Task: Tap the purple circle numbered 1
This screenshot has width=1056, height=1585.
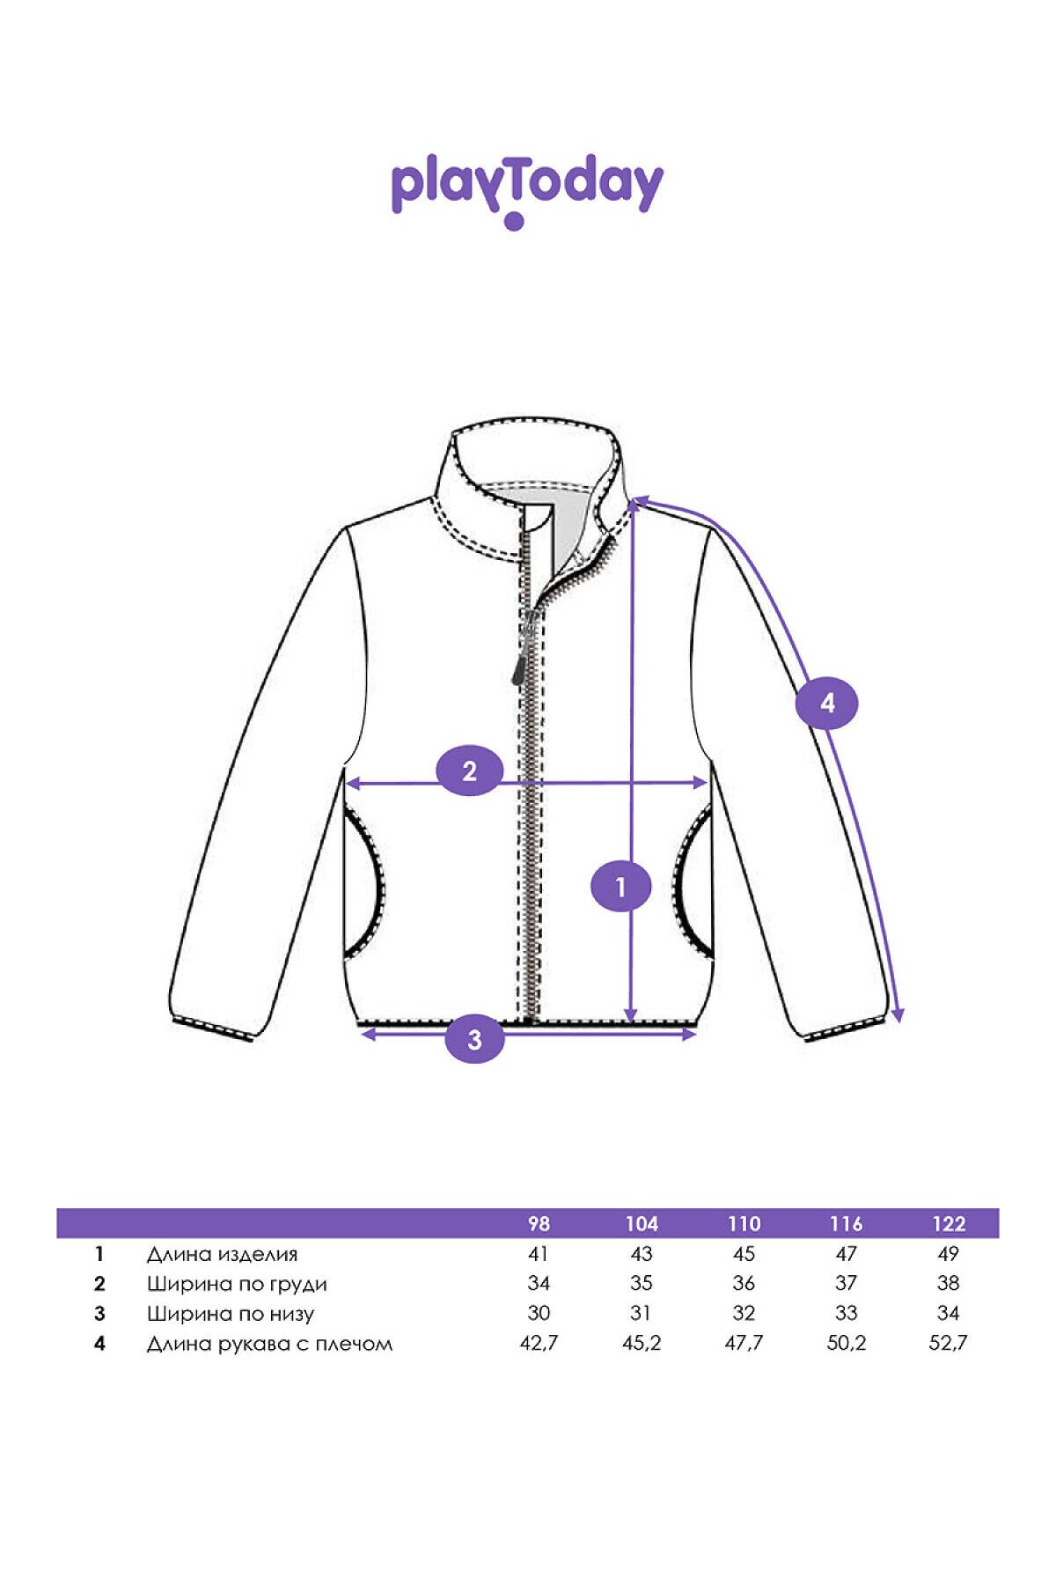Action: pos(621,887)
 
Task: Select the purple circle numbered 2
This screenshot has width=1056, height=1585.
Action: pos(470,771)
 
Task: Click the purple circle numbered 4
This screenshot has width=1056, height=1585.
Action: pos(826,704)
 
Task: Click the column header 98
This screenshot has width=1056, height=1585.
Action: pos(539,1223)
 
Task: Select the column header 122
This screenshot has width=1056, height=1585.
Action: pos(949,1223)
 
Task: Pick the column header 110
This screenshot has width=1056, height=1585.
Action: pos(744,1223)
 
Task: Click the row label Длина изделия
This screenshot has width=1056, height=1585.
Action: pos(222,1254)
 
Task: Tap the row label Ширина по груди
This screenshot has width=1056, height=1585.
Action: pos(237,1284)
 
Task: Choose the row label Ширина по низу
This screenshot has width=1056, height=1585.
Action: pos(230,1314)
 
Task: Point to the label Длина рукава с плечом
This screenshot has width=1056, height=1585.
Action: pos(269,1344)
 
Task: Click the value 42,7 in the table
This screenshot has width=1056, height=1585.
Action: pos(539,1343)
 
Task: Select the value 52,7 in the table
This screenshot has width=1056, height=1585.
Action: pos(949,1343)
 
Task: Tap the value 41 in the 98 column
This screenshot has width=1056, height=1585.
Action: pos(539,1253)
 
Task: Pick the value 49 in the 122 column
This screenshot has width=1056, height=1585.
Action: pos(949,1253)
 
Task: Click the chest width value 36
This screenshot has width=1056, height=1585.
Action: pos(744,1283)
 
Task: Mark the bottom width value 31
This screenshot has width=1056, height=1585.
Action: pos(641,1313)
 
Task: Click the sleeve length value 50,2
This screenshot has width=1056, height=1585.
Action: pos(846,1343)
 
